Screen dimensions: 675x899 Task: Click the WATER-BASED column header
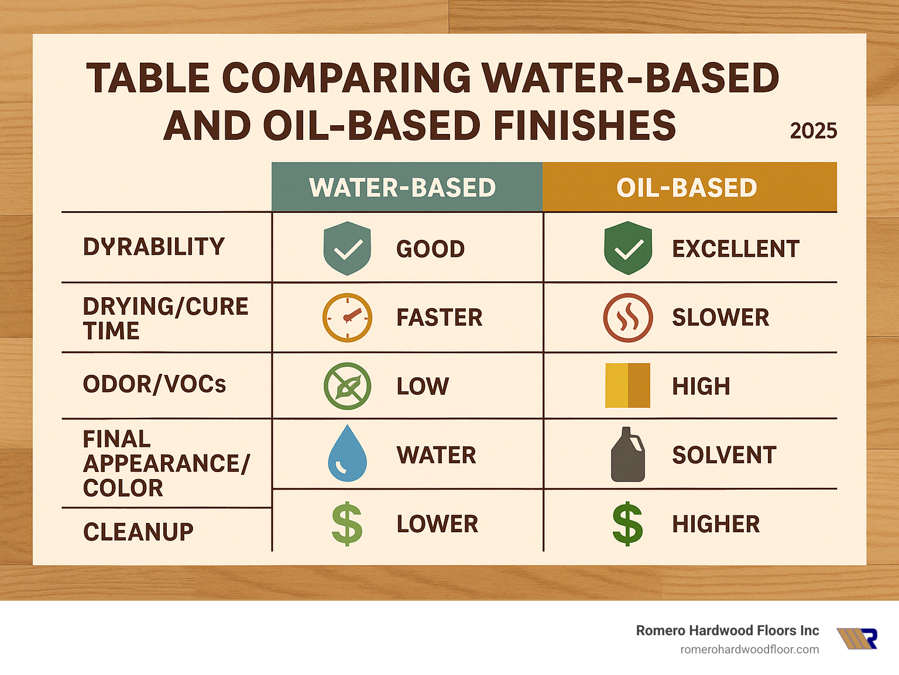[403, 188]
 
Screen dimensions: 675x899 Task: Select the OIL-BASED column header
[687, 188]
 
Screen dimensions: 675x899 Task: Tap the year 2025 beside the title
[813, 130]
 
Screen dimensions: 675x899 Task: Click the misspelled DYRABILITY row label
[154, 247]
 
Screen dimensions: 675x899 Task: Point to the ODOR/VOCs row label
[155, 384]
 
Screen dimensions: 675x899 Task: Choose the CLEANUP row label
[138, 532]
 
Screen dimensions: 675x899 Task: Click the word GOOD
[430, 249]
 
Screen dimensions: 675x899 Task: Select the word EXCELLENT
[735, 249]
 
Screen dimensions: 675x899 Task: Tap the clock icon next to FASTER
[347, 318]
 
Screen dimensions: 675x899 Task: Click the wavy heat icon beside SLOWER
[627, 318]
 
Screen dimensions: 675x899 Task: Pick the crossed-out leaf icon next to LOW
[347, 386]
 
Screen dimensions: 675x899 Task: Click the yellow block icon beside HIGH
[627, 385]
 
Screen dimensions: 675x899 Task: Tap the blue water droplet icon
[347, 454]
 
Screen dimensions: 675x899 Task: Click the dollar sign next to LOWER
[347, 524]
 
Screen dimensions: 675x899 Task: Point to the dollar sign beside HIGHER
[627, 524]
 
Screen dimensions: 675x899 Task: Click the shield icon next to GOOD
[347, 249]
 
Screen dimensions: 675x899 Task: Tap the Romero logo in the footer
[857, 639]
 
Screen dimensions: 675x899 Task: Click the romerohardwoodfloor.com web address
[749, 649]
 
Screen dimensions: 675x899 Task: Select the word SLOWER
[720, 318]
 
